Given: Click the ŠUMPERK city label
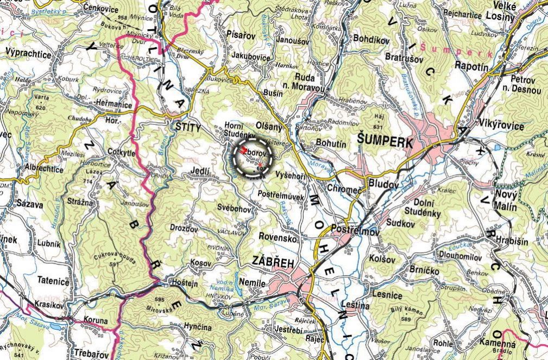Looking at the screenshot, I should click(386, 140).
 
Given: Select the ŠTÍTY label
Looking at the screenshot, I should click(188, 126).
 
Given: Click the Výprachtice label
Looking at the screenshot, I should click(28, 54).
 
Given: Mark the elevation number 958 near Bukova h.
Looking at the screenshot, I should click(122, 18).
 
